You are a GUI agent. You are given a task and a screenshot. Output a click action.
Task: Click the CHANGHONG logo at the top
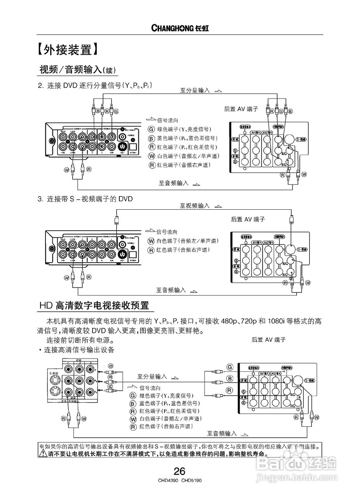click(180, 28)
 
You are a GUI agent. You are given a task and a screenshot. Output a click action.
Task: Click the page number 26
click(180, 472)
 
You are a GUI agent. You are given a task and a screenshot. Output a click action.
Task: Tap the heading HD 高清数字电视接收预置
click(94, 305)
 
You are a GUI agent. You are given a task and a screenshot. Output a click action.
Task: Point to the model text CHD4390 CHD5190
click(180, 481)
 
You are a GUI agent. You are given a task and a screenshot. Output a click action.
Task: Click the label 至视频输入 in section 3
click(194, 205)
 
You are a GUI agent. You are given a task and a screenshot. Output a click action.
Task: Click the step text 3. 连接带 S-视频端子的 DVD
click(85, 199)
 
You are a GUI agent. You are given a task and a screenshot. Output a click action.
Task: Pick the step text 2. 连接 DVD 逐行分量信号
click(94, 85)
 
